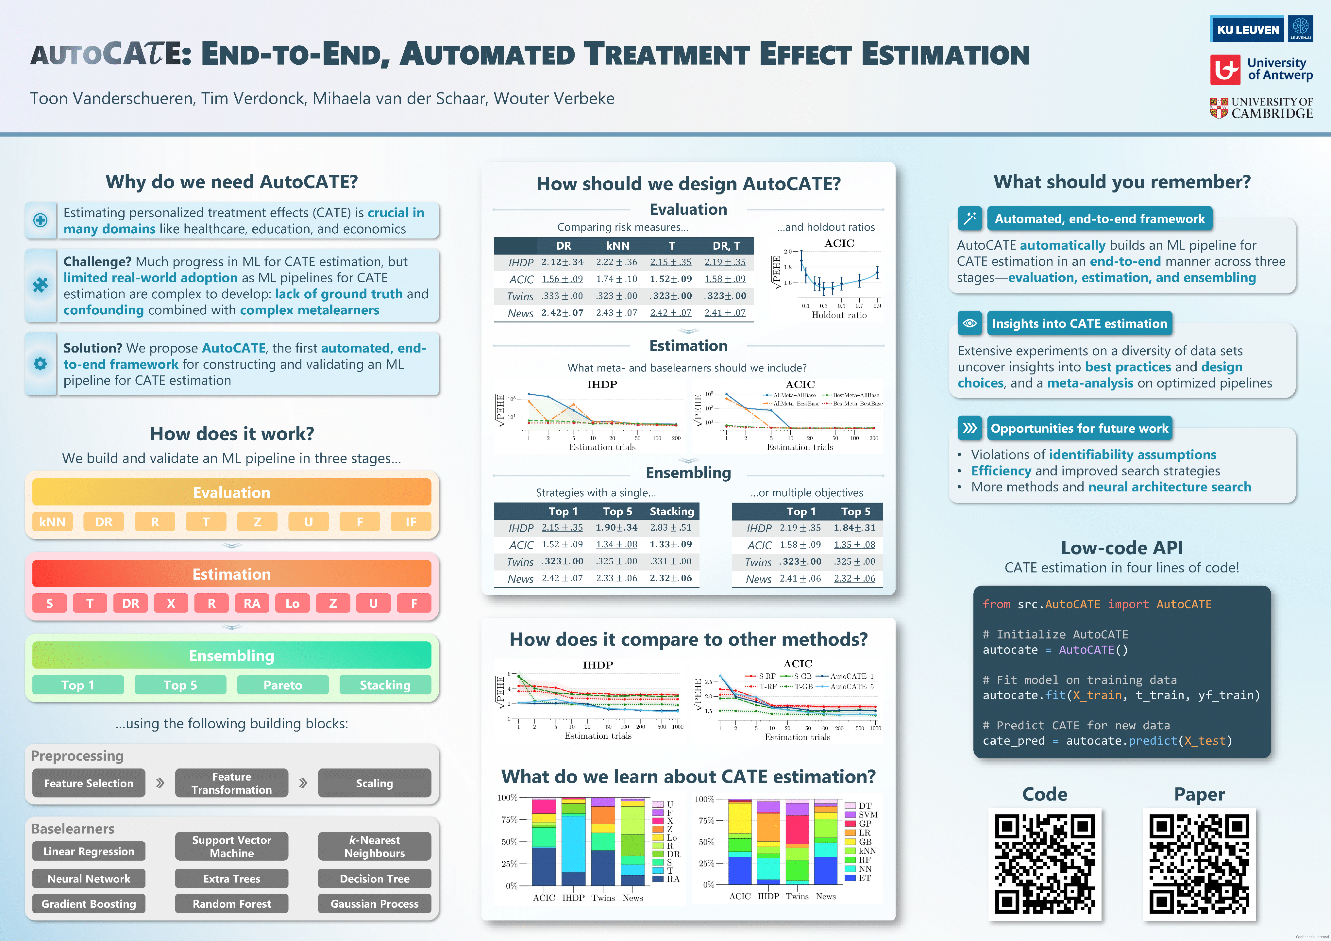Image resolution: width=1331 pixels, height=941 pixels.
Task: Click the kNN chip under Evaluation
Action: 52,521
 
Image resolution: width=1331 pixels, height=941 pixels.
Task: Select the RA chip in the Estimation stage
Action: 252,603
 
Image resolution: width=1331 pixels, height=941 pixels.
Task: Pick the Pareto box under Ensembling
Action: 282,685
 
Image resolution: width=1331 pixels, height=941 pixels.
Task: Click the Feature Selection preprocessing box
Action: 89,783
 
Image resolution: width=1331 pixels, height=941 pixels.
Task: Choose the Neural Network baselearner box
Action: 89,878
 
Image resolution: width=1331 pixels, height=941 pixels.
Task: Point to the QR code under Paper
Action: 1199,863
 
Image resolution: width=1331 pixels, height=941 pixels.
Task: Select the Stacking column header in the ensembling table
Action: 671,511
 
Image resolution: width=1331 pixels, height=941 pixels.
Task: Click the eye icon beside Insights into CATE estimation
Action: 969,323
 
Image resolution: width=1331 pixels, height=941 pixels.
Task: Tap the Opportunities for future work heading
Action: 1079,428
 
